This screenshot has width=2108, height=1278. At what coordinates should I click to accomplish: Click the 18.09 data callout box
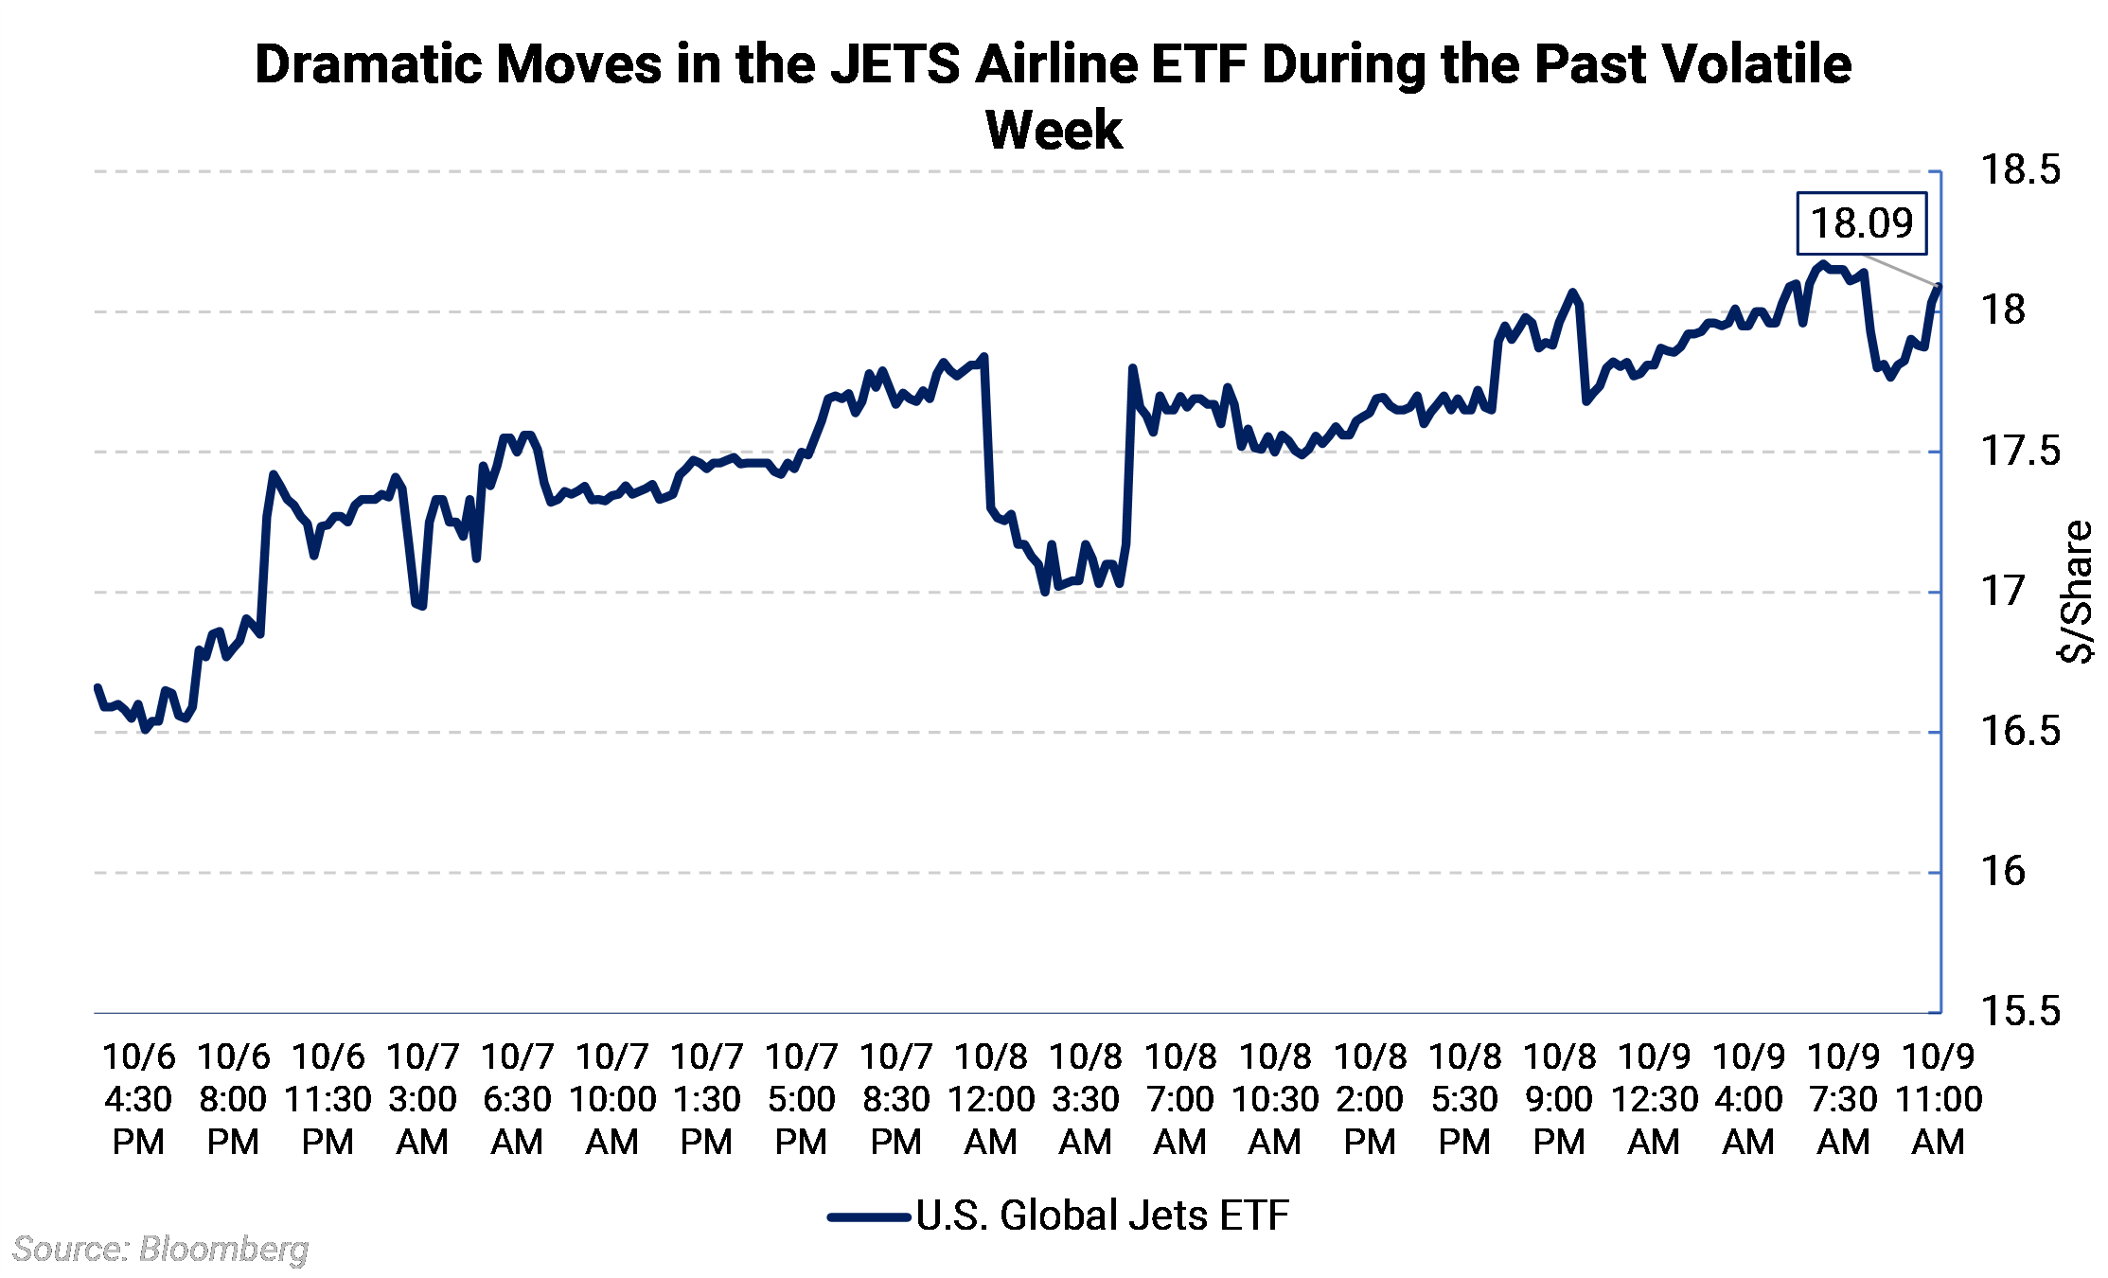click(x=1861, y=223)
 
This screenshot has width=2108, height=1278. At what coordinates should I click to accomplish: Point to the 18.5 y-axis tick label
click(x=2020, y=170)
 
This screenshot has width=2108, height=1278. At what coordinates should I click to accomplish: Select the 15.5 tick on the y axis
click(x=2020, y=1012)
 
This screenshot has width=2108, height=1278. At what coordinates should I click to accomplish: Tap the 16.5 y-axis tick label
click(x=2020, y=732)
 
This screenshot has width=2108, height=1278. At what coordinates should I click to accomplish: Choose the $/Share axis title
click(x=2077, y=592)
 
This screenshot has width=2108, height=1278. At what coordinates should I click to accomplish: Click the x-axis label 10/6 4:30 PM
click(x=138, y=1099)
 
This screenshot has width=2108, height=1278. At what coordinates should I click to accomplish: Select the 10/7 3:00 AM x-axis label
click(x=422, y=1099)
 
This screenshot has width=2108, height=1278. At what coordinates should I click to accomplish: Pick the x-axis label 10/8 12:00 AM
click(x=990, y=1099)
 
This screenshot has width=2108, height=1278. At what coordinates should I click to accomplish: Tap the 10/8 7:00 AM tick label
click(x=1179, y=1099)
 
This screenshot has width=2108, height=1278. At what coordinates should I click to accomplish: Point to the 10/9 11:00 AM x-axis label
click(x=1938, y=1099)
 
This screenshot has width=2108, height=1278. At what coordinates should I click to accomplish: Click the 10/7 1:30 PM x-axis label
click(x=706, y=1099)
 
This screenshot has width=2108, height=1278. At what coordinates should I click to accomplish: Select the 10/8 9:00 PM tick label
click(x=1559, y=1099)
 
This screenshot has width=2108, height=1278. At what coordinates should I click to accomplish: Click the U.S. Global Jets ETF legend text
click(x=1103, y=1216)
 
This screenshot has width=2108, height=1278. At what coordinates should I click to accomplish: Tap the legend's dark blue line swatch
click(x=869, y=1217)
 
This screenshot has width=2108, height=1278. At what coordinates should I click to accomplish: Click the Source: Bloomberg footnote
click(x=160, y=1250)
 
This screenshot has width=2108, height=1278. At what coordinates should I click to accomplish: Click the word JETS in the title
click(x=895, y=65)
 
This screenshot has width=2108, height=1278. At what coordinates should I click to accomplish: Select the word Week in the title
click(x=1054, y=131)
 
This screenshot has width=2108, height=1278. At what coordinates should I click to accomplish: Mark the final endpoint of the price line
click(x=1940, y=286)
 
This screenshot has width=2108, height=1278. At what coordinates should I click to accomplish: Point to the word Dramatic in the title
click(x=364, y=65)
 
